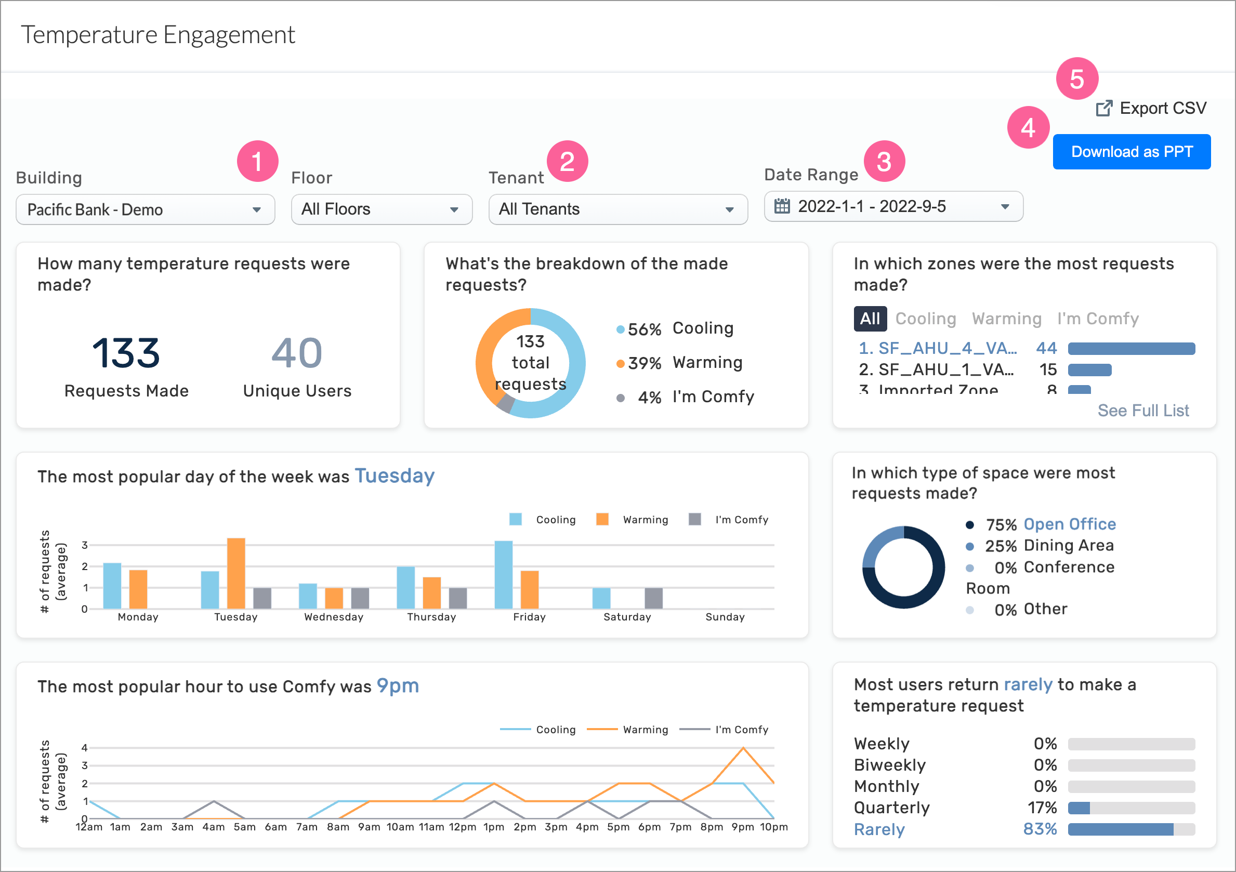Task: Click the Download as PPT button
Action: (x=1131, y=152)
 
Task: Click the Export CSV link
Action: (x=1152, y=108)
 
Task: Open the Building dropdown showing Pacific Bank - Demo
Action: (x=146, y=209)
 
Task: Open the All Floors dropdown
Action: (x=381, y=209)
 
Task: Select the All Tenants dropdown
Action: (x=617, y=209)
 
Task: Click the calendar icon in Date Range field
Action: (x=782, y=206)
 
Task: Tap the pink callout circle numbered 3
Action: (x=884, y=162)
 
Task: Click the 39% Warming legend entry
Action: (x=683, y=363)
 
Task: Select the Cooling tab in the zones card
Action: (x=925, y=319)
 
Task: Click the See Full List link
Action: (x=1143, y=411)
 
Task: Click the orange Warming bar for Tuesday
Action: (x=236, y=573)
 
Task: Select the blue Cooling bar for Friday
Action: (x=503, y=574)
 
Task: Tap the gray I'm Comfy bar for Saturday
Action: (x=653, y=598)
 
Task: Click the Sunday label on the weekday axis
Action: (x=725, y=617)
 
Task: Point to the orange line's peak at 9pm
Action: (x=743, y=748)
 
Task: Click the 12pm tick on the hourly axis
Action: (x=463, y=827)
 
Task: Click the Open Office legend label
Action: (x=1069, y=524)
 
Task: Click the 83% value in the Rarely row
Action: (x=1040, y=829)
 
